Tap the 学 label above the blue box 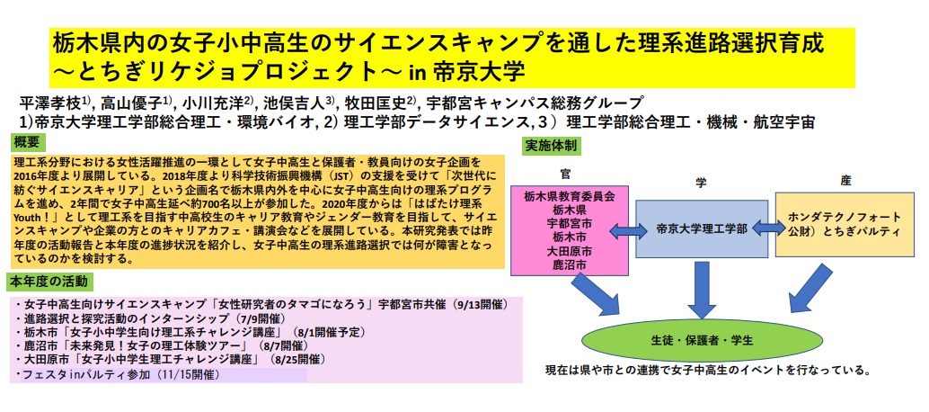click(x=701, y=182)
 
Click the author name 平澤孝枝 click(x=50, y=102)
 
